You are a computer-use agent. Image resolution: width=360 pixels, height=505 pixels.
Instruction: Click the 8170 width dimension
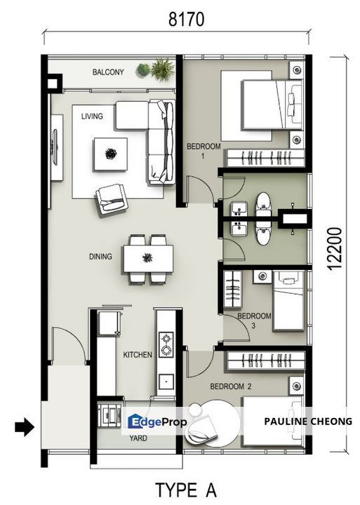[x=186, y=20]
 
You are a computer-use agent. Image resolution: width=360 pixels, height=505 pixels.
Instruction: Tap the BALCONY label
[x=108, y=72]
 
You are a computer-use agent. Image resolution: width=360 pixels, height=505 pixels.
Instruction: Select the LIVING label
[x=92, y=116]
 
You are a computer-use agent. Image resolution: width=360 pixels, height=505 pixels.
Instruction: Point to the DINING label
[x=100, y=257]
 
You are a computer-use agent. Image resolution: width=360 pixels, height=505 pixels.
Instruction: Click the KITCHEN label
[x=138, y=355]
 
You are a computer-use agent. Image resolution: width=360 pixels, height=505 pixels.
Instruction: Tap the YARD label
[x=138, y=438]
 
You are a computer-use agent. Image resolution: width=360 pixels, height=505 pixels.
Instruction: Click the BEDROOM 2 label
[x=231, y=386]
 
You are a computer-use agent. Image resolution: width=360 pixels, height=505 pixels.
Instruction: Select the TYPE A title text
[x=186, y=490]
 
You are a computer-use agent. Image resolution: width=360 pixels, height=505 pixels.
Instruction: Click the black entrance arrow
[x=24, y=428]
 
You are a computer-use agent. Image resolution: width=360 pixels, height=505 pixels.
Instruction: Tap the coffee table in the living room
[x=110, y=154]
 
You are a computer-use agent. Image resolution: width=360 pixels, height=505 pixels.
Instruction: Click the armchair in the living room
[x=111, y=198]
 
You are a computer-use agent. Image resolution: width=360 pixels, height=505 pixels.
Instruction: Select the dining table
[x=148, y=259]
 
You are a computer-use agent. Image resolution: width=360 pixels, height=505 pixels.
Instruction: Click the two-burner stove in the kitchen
[x=166, y=344]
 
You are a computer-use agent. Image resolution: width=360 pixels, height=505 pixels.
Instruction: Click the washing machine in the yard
[x=109, y=415]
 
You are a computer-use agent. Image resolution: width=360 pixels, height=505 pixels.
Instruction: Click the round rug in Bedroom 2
[x=213, y=424]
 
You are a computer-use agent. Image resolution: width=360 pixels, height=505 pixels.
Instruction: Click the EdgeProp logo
[x=157, y=422]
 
